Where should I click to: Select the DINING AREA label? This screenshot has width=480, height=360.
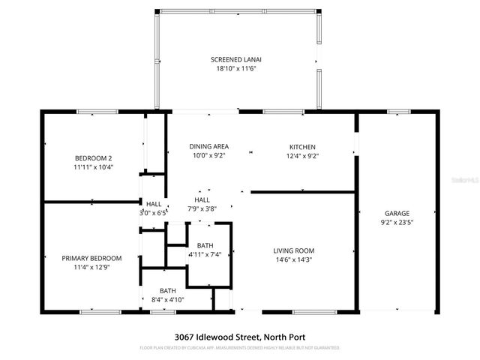208,146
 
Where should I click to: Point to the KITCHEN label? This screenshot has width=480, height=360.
302,146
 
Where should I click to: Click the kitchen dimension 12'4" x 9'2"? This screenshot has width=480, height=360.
302,156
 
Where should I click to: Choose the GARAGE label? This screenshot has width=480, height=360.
397,213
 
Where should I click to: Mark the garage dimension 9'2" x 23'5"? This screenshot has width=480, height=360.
397,223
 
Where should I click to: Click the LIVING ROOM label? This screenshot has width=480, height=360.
294,250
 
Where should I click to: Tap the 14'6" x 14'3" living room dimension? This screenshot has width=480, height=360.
294,260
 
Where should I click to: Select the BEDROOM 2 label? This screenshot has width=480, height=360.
93,157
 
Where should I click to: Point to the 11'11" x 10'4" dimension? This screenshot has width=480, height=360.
93,167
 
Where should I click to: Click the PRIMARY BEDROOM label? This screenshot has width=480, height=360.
91,258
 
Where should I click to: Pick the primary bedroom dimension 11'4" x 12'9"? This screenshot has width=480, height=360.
91,268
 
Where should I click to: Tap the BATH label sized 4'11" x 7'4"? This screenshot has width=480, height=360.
205,246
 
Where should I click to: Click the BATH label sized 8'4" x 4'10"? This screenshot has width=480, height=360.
167,290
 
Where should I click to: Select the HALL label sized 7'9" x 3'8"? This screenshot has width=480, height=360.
202,199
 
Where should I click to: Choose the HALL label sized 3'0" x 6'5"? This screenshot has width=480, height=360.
154,203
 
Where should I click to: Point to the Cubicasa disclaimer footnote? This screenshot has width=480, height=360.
240,348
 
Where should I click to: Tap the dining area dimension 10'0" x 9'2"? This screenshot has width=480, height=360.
208,156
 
